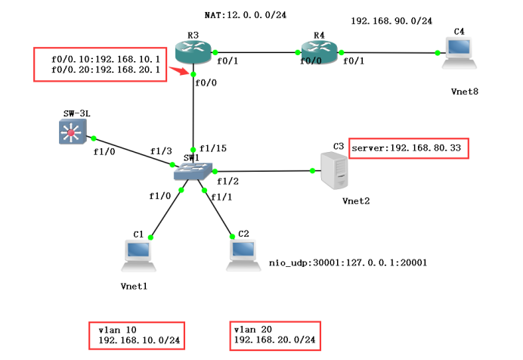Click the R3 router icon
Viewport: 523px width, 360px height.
tap(194, 52)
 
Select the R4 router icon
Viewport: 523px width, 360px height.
tap(319, 52)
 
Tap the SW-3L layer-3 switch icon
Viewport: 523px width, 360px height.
tap(72, 133)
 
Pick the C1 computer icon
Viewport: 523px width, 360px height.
tap(139, 256)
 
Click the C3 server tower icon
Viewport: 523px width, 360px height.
tap(333, 170)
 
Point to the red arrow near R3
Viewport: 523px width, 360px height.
tap(178, 71)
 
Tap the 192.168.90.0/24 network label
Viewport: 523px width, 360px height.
tap(391, 21)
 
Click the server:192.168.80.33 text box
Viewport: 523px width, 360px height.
tap(408, 147)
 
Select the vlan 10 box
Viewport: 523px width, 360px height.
tap(136, 336)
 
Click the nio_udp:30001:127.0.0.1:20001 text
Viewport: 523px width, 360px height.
tap(348, 263)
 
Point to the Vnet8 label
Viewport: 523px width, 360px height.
tap(465, 92)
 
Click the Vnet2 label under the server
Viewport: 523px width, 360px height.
tap(354, 202)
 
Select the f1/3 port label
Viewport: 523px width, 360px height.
tap(160, 151)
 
